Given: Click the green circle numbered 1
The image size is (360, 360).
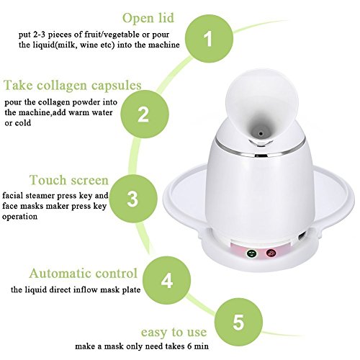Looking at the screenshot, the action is tap(209, 39).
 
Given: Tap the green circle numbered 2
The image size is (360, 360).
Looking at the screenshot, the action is tap(145, 114).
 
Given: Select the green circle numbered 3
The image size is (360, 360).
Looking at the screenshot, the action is tap(133, 199).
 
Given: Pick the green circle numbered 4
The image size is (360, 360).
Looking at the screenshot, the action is tap(166, 280).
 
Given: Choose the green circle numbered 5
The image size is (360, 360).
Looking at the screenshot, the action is tap(238, 322).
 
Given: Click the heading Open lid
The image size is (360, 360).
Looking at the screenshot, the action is tap(148, 19).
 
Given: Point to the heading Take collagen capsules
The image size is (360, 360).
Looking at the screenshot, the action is tap(73, 86).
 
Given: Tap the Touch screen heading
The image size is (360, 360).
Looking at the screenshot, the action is tap(69, 180).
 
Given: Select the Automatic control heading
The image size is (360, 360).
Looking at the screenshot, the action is tap(84, 274).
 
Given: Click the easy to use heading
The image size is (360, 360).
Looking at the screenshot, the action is tap(174, 333).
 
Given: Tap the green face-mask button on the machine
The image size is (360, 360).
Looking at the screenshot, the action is tap(251, 253).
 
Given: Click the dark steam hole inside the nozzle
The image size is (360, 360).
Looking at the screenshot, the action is tap(261, 133).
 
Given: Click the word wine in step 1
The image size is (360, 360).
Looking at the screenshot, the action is tap(89, 45).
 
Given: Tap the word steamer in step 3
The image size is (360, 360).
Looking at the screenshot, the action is tap(40, 196).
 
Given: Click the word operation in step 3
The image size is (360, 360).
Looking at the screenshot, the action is tap(19, 217).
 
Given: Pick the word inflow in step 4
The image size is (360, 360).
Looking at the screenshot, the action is tap(86, 289).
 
